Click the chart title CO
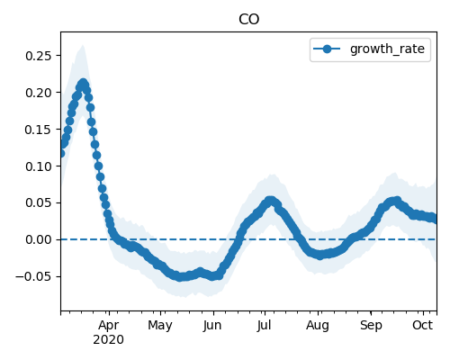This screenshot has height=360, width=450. [248, 19]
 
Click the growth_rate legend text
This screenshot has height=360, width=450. [387, 49]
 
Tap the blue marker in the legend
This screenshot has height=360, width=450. [327, 49]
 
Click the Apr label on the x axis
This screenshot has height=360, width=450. [109, 326]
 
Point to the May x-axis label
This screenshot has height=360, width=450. [160, 326]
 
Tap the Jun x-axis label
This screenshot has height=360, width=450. [212, 326]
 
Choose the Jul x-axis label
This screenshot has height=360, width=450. [264, 326]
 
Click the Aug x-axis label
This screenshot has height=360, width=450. [318, 326]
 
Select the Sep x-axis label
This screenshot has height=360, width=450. [371, 326]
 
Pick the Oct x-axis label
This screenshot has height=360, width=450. [422, 325]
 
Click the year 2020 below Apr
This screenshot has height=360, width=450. [108, 340]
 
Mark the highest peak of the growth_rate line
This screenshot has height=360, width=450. [83, 83]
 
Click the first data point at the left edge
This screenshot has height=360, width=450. [61, 154]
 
